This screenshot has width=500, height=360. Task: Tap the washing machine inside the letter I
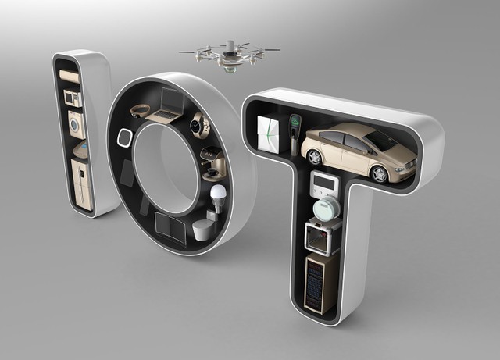[77, 125]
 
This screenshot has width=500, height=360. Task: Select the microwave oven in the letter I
[73, 98]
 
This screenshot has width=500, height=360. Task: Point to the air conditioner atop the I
[70, 77]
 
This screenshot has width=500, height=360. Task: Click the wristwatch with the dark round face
[200, 125]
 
